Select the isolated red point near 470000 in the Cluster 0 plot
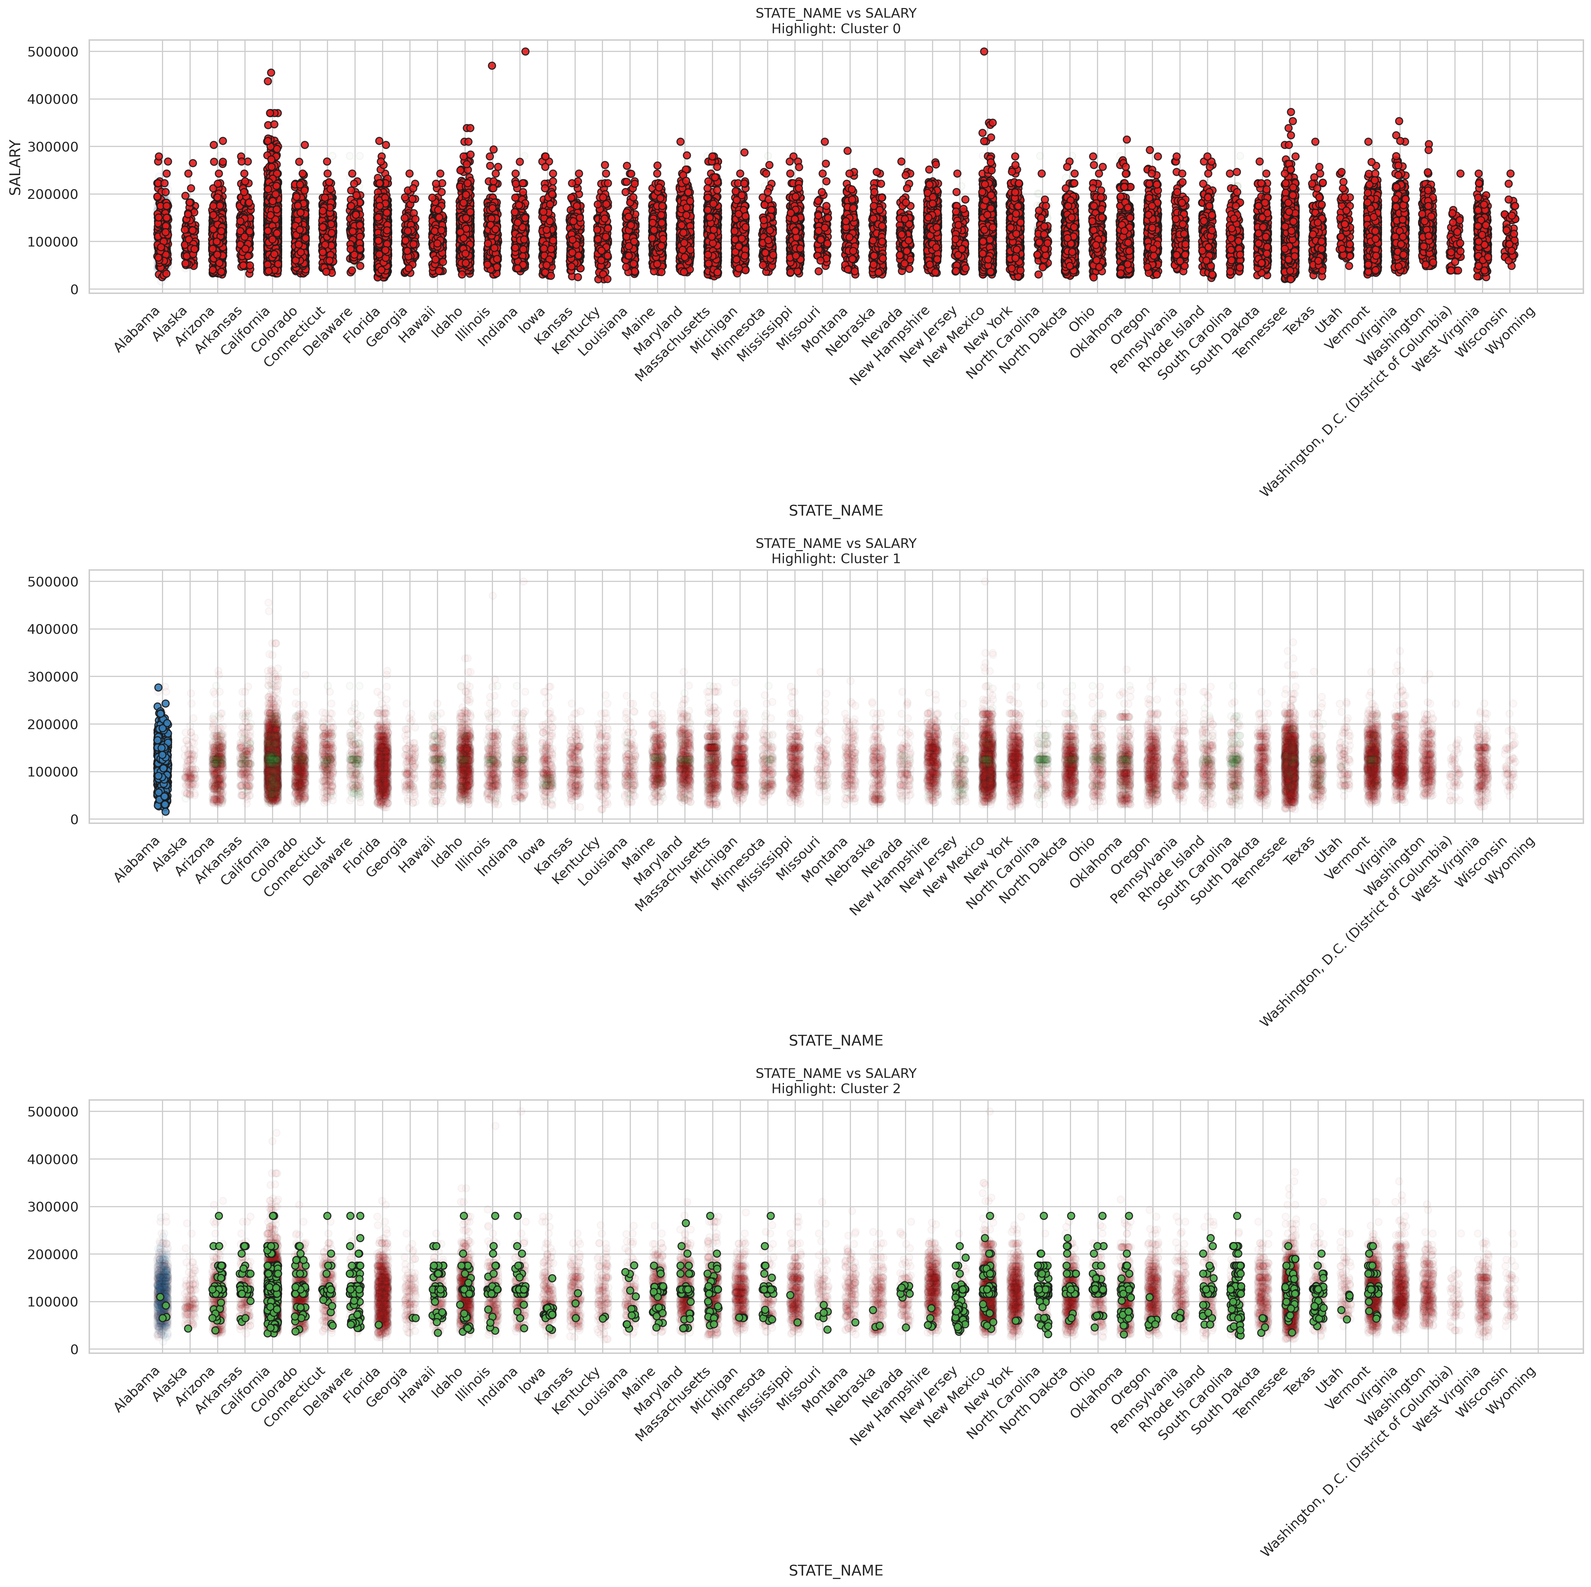coord(492,66)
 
